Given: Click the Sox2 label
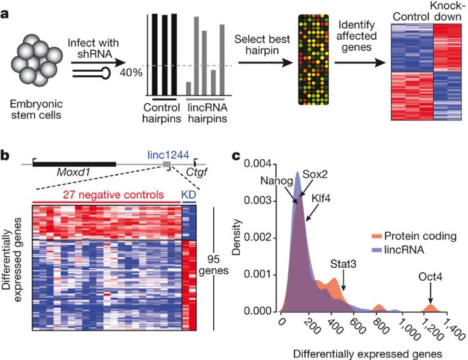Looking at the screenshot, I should pos(316,174).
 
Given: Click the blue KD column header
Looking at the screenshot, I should pos(189,195).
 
